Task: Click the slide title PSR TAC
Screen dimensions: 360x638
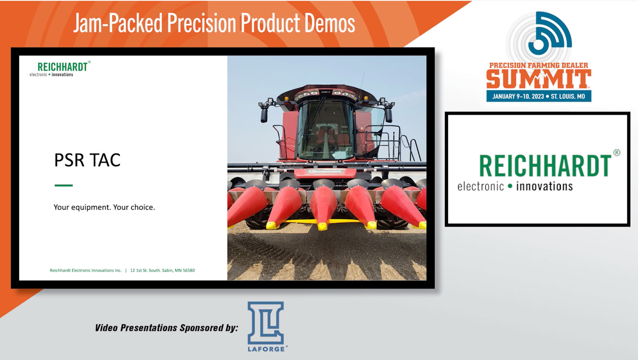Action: point(87,160)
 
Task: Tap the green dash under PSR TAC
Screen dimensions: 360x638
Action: point(63,185)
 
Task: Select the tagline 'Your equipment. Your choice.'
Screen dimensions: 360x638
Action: point(104,208)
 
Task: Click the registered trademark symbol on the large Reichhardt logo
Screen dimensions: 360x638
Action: point(616,152)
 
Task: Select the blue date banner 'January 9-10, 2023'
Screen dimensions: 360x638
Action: point(538,96)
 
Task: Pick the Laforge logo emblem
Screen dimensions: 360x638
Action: point(265,323)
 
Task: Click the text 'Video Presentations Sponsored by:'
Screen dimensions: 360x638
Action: point(166,328)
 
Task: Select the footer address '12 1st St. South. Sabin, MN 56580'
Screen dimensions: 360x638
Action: point(163,270)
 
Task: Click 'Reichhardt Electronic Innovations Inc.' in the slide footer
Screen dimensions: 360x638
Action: point(86,270)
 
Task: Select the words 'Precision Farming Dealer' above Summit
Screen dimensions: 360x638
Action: point(538,65)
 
